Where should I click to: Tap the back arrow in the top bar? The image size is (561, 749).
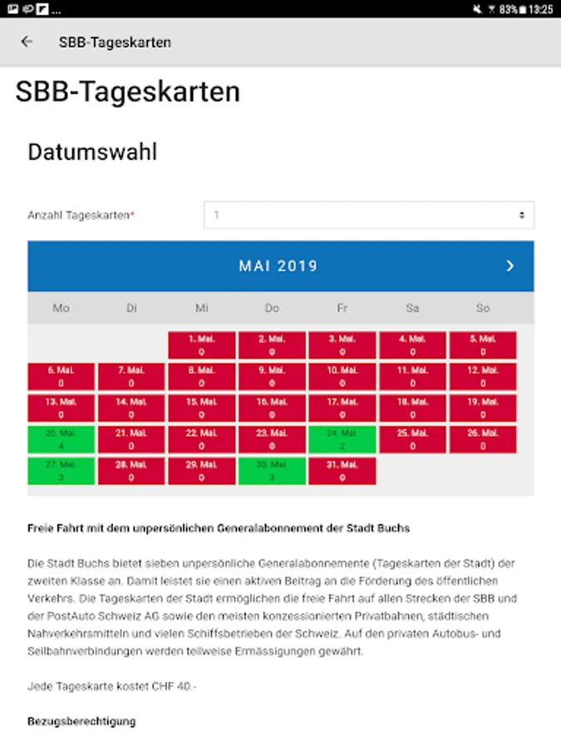click(x=27, y=42)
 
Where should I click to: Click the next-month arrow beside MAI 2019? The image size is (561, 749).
click(x=510, y=266)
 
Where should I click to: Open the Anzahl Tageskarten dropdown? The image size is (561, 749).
click(x=369, y=215)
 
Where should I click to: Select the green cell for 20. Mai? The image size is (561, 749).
click(x=61, y=439)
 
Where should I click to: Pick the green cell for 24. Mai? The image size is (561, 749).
click(x=342, y=439)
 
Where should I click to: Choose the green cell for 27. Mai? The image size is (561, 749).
click(x=61, y=471)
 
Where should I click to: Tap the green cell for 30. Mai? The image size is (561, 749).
click(x=272, y=471)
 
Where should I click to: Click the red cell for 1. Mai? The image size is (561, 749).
click(x=202, y=345)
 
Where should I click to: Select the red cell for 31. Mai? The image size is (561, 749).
click(x=342, y=471)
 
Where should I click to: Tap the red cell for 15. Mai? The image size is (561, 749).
click(x=202, y=408)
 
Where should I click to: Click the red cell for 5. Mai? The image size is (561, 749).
click(x=483, y=345)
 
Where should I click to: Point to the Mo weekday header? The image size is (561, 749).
click(x=61, y=308)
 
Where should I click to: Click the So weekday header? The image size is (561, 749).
click(x=483, y=308)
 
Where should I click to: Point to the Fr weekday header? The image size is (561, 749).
click(x=342, y=308)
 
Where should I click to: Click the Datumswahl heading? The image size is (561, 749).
click(x=92, y=152)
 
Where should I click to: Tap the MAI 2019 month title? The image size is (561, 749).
click(x=278, y=266)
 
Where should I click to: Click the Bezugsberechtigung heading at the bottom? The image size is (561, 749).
click(x=81, y=721)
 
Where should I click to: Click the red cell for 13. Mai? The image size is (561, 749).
click(x=61, y=408)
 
